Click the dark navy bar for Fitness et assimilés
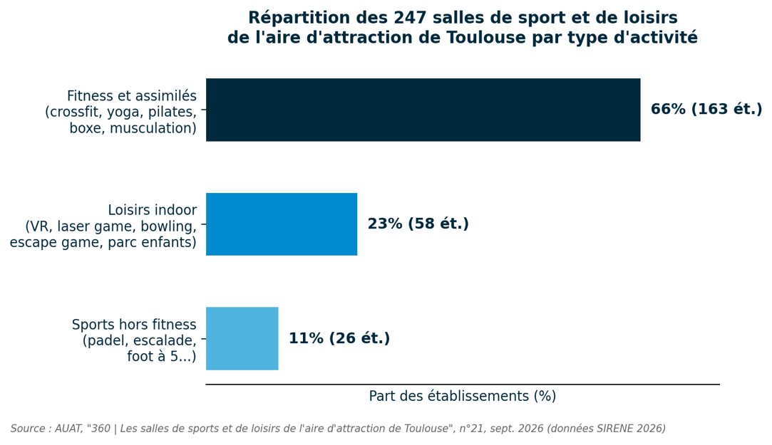click(423, 110)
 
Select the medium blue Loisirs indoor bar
click(282, 224)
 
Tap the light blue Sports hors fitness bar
click(242, 338)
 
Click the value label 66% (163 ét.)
click(706, 109)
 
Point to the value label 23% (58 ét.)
click(418, 224)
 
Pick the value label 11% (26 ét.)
click(339, 338)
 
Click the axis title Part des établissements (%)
click(463, 397)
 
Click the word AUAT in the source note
click(68, 429)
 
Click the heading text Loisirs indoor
click(152, 210)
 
